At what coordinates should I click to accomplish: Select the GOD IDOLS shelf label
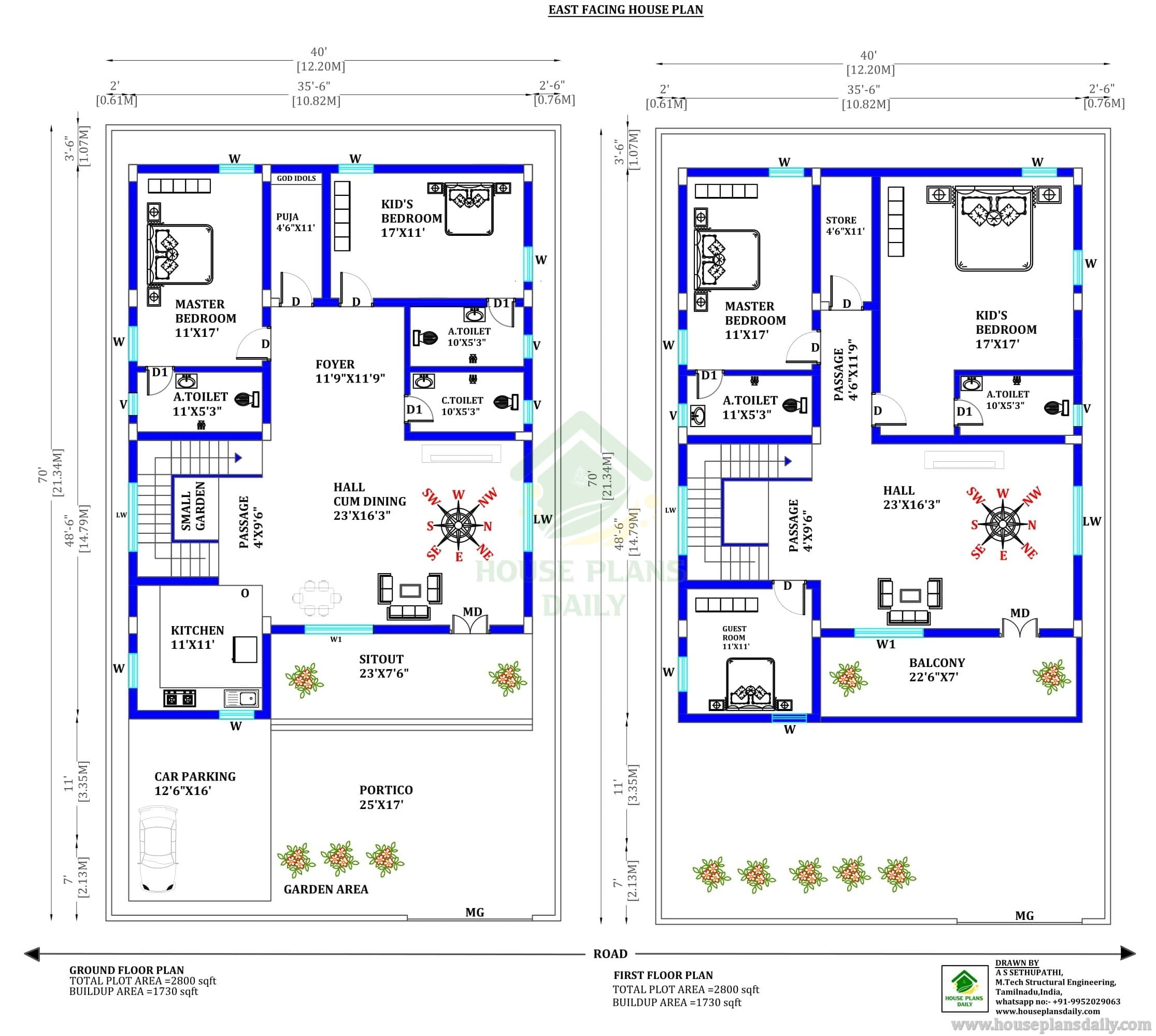click(296, 178)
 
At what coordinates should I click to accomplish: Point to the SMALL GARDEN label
click(193, 507)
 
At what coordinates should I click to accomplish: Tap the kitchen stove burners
click(179, 698)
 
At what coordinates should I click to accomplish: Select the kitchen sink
click(242, 698)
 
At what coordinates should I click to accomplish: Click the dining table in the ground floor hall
click(317, 598)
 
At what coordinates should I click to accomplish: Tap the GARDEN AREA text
click(326, 889)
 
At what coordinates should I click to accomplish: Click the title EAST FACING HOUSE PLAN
click(625, 10)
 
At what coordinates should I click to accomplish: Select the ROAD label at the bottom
click(610, 954)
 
